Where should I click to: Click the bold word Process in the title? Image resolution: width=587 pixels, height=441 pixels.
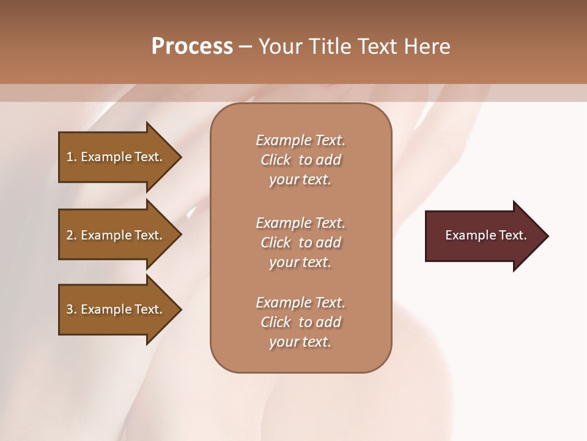192,47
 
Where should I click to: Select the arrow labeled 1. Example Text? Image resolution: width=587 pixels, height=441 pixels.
116,157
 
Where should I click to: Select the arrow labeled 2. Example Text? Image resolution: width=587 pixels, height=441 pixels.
116,235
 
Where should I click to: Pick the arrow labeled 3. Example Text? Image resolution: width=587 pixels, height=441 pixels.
116,309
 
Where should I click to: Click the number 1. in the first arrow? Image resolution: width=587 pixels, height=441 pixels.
72,157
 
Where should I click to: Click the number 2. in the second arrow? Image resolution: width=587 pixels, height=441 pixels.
72,235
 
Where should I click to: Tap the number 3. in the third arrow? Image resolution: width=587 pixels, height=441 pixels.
72,309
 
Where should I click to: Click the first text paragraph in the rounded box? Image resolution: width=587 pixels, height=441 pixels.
300,160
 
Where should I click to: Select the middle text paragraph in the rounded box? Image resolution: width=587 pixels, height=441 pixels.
300,243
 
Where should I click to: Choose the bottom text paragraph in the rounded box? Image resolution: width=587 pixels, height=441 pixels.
300,322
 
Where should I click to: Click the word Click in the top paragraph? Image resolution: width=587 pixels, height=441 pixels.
276,160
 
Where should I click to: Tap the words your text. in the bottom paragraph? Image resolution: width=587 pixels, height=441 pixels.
300,342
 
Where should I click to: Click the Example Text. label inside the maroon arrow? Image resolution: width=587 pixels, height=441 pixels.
485,235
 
